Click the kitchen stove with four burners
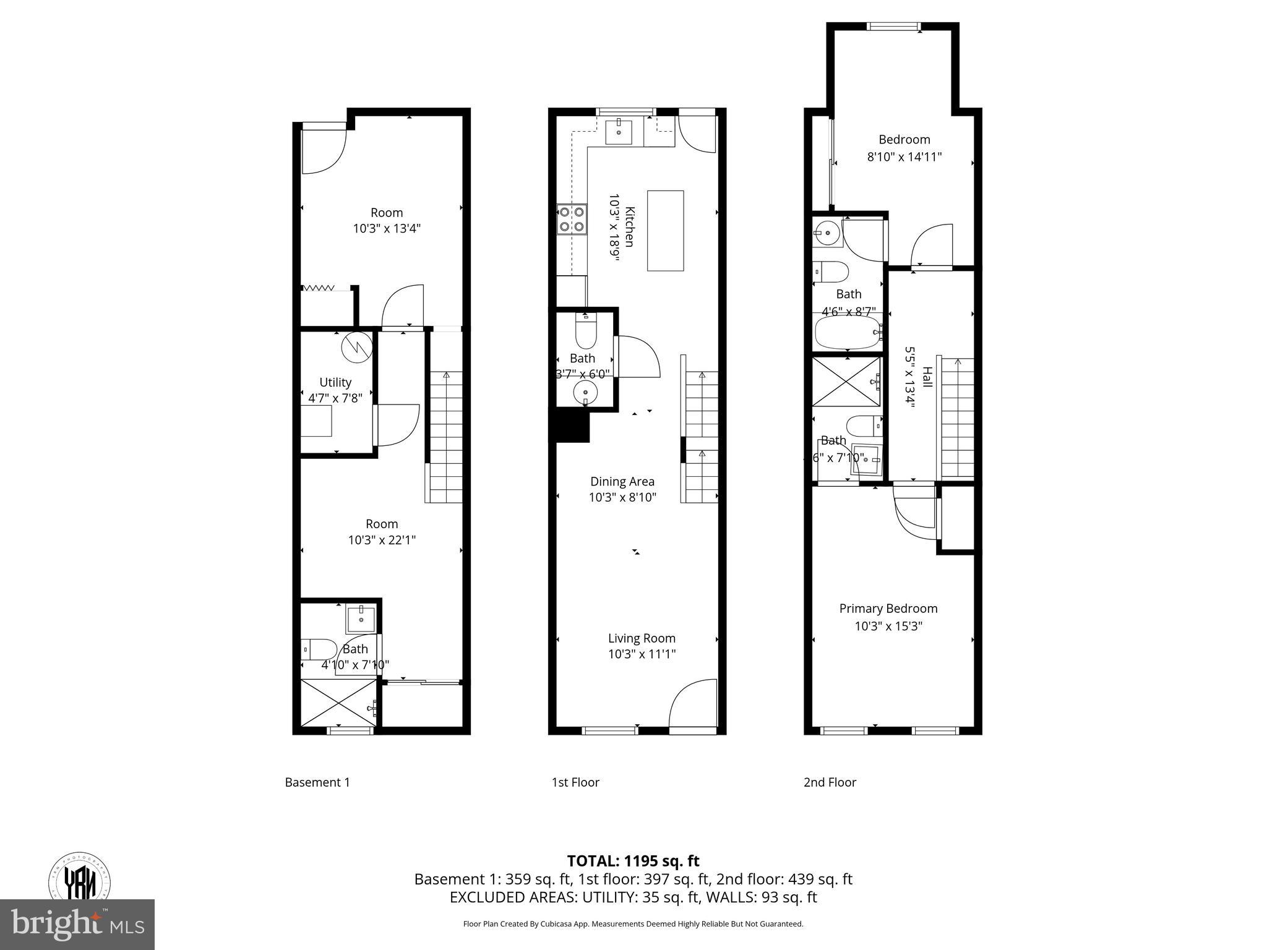point(572,220)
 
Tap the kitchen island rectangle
point(665,231)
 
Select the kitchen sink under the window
point(618,132)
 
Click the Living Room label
point(642,638)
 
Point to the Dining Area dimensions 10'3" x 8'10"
point(622,497)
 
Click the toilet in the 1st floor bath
point(585,332)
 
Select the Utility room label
point(335,382)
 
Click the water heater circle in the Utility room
point(357,347)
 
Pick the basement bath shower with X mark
point(338,703)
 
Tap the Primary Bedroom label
point(888,609)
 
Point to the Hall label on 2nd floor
point(927,377)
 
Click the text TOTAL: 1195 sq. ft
point(633,861)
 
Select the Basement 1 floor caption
point(317,782)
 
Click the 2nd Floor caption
point(830,782)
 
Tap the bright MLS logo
point(77,925)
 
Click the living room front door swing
point(692,704)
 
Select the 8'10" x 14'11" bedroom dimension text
point(904,157)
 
